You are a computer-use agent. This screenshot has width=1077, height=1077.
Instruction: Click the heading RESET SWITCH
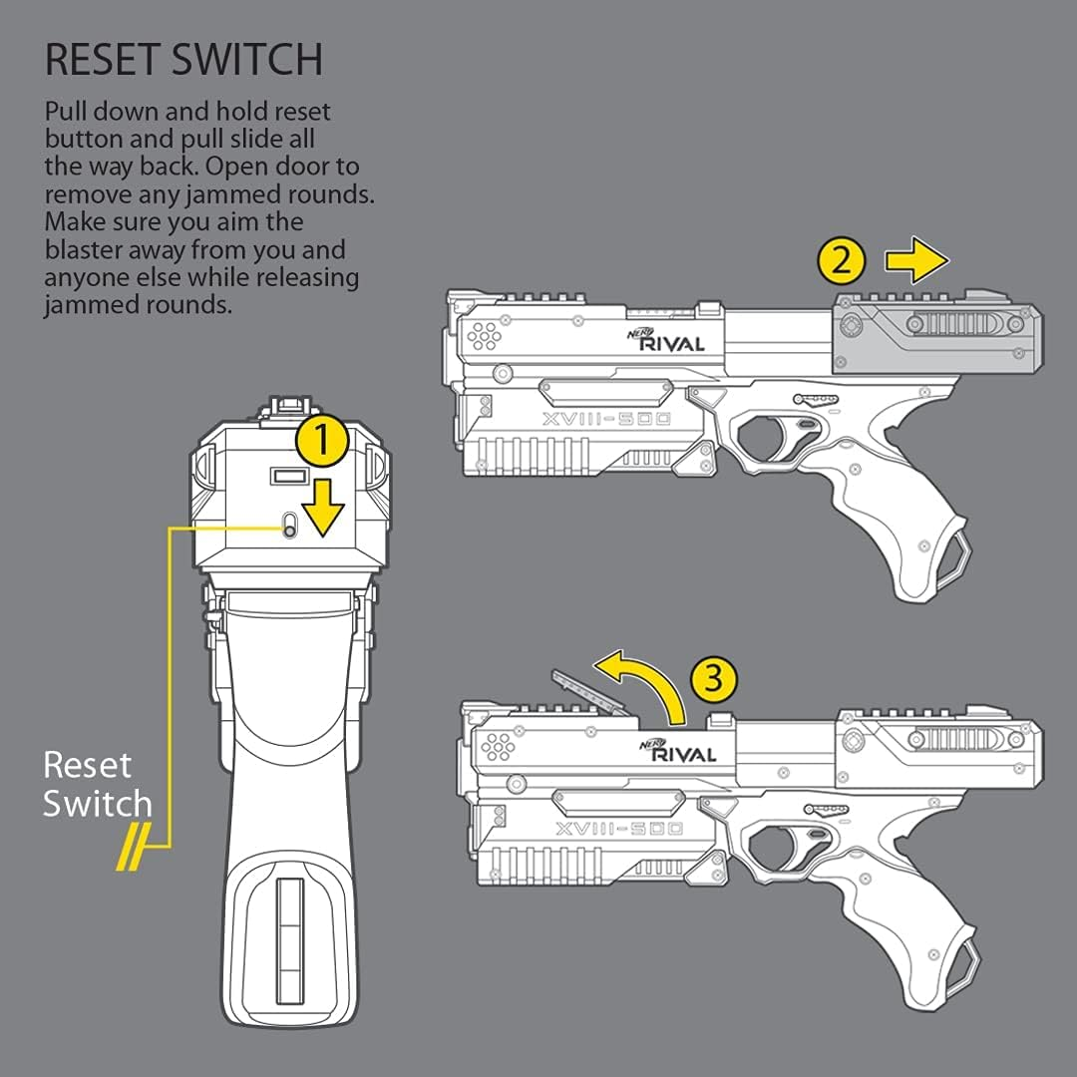click(183, 60)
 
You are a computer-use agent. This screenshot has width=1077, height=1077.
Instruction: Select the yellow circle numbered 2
click(841, 261)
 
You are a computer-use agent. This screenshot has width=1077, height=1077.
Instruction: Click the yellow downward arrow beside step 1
click(322, 505)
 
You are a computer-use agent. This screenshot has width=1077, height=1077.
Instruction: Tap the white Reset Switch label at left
click(98, 785)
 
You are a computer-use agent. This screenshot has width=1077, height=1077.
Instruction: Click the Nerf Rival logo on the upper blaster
click(667, 340)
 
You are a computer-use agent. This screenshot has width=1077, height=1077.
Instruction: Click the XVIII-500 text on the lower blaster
click(618, 829)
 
